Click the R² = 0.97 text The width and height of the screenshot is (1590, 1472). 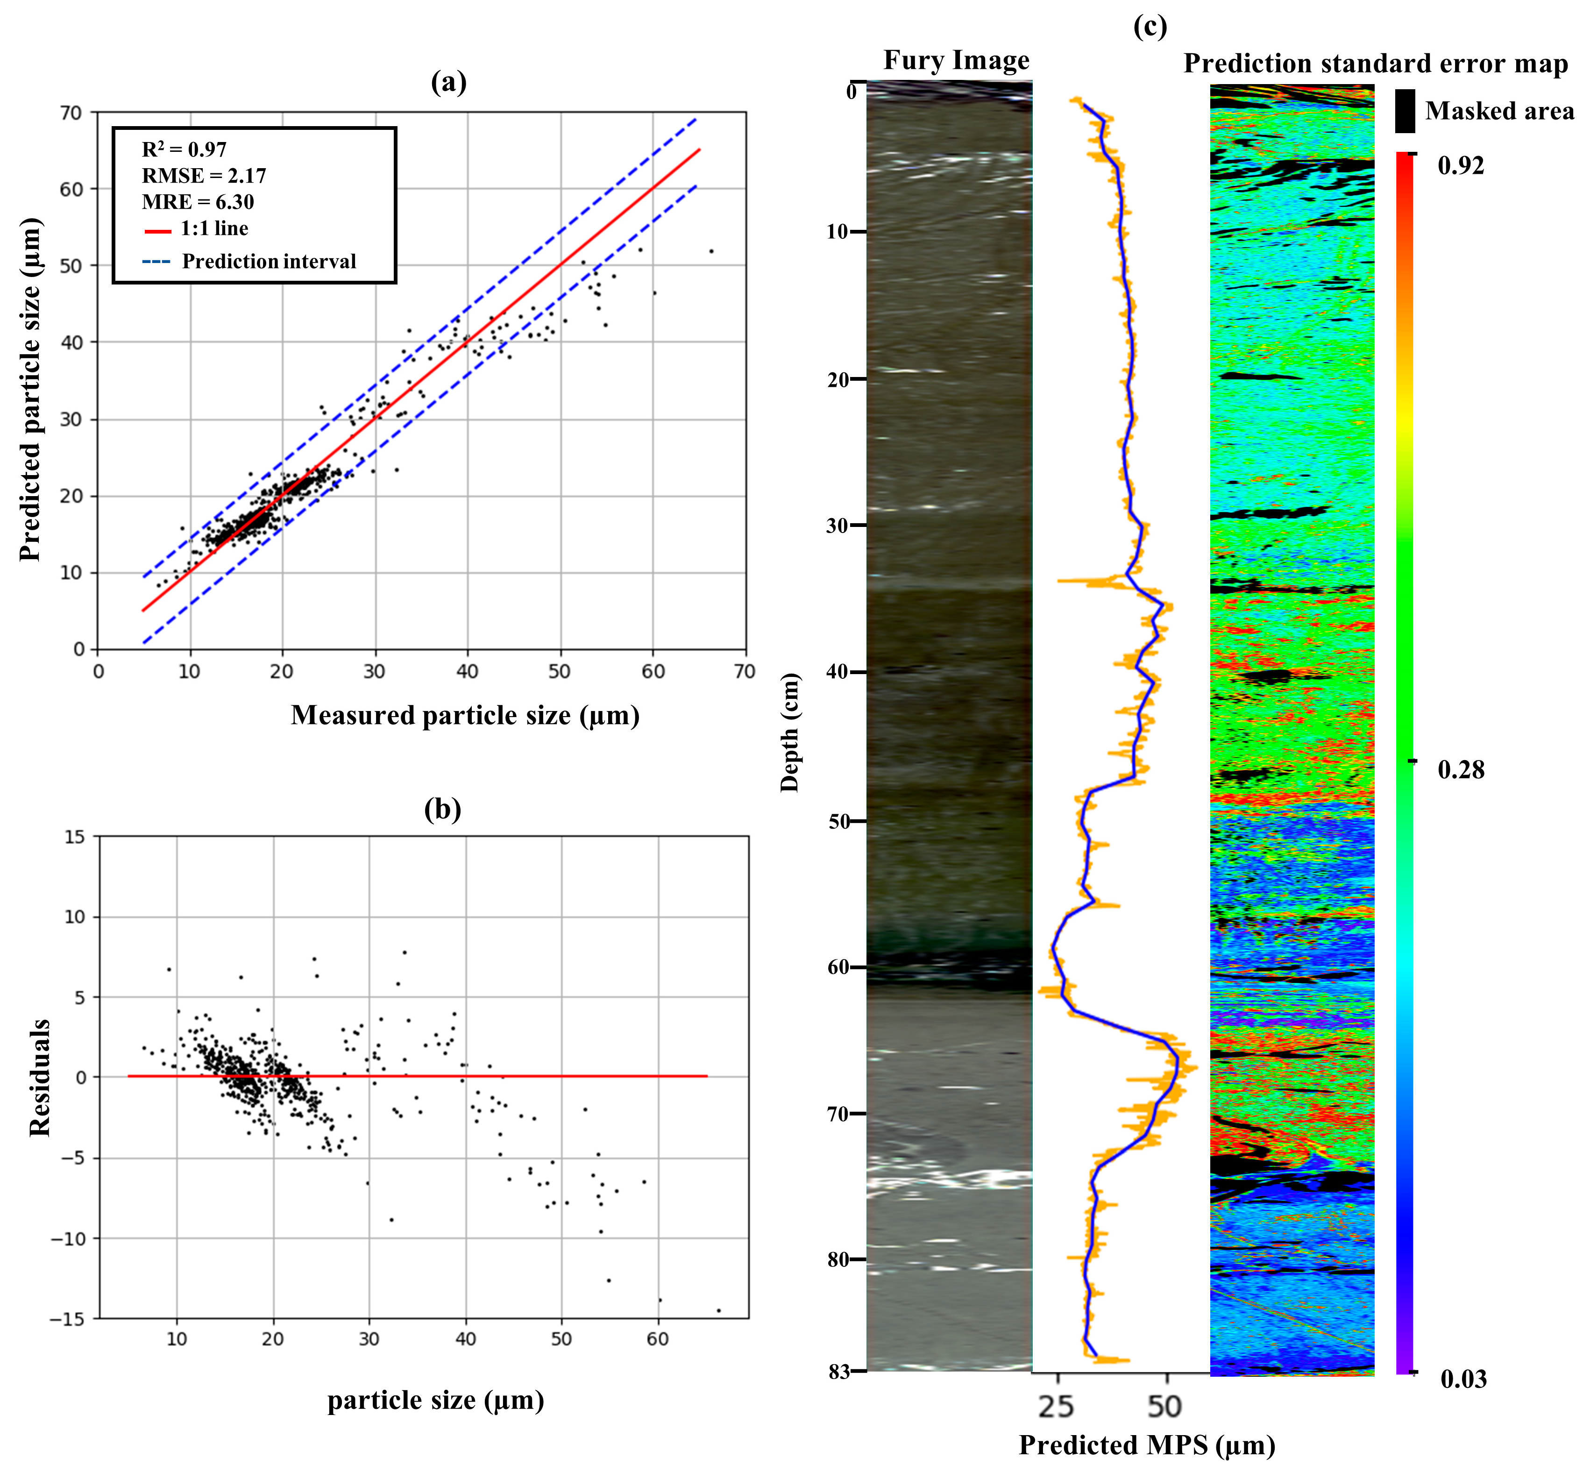pyautogui.click(x=184, y=150)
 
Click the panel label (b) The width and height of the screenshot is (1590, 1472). pyautogui.click(x=442, y=809)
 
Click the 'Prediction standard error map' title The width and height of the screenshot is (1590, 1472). pyautogui.click(x=1375, y=64)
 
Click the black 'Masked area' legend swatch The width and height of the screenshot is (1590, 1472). pyautogui.click(x=1405, y=111)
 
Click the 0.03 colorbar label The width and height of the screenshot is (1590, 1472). pyautogui.click(x=1462, y=1379)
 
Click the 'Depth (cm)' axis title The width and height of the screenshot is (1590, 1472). pyautogui.click(x=789, y=733)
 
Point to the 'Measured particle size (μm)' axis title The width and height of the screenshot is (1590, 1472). pyautogui.click(x=465, y=715)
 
